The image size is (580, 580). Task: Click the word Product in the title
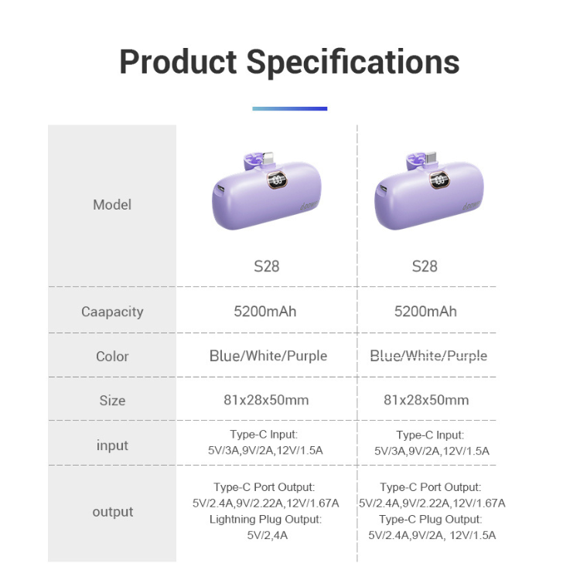[x=178, y=62]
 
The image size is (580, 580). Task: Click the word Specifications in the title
[x=353, y=62]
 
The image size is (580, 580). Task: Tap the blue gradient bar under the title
[x=290, y=108]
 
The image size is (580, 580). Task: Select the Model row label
[x=112, y=205]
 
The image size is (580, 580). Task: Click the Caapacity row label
[x=112, y=312]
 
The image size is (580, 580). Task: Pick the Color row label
[x=112, y=357]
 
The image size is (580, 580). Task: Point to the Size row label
[x=112, y=401]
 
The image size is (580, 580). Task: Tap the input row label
[x=112, y=445]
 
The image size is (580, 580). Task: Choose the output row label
[x=112, y=512]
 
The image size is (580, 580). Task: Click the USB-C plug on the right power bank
[x=431, y=159]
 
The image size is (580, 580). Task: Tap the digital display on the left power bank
[x=278, y=180]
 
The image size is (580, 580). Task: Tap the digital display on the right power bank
[x=439, y=180]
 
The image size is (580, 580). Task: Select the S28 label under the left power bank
[x=266, y=266]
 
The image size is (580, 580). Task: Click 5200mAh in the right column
[x=425, y=312]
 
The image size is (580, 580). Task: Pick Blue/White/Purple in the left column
[x=268, y=356]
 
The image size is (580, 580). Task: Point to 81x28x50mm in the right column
[x=426, y=400]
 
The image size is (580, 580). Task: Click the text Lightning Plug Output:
[x=265, y=520]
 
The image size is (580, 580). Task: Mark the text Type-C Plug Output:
[x=431, y=520]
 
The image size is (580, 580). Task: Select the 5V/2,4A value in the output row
[x=268, y=535]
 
